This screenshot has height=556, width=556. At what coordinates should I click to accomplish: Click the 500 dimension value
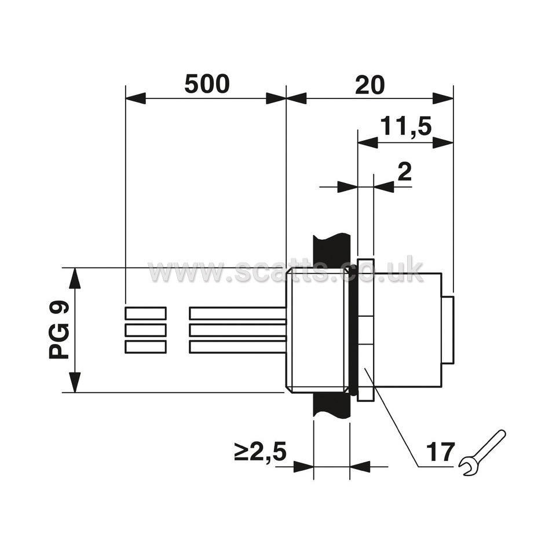pos(207,85)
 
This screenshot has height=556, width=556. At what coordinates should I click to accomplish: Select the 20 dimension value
pos(370,85)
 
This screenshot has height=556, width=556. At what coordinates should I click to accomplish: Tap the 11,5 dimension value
pos(405,127)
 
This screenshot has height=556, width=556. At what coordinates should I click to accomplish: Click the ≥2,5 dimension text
pos(260,451)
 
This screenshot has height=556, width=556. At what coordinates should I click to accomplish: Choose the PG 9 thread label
pos(59,331)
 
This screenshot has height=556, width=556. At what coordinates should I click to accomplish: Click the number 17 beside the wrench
pos(440,452)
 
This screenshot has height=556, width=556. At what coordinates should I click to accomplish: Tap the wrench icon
pos(482,453)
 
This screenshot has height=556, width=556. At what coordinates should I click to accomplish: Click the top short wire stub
pos(146,313)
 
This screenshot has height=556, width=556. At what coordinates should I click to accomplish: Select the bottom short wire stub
pos(146,347)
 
